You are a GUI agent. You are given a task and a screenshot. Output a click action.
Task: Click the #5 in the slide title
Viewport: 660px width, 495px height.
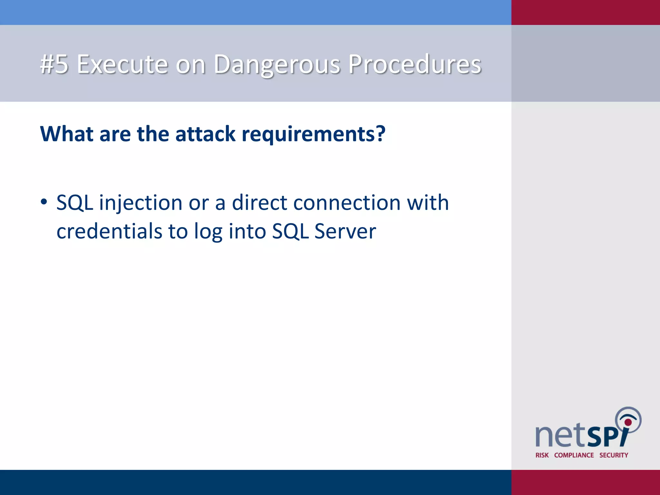54,64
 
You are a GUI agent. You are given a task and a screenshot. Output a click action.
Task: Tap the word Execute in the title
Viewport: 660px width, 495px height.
122,64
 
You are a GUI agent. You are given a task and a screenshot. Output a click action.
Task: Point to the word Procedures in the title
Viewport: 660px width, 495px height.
415,64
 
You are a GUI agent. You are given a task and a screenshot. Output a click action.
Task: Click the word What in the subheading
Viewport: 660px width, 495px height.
67,134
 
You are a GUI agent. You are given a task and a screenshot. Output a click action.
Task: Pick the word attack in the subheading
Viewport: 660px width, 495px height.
205,134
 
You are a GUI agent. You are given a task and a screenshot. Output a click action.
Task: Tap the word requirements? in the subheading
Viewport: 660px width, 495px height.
313,134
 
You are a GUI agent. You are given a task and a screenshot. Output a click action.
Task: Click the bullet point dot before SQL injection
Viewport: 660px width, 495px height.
44,202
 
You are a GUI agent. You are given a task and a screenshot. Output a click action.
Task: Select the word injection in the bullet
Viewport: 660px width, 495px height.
141,203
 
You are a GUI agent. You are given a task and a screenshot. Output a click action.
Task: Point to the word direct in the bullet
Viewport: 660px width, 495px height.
259,203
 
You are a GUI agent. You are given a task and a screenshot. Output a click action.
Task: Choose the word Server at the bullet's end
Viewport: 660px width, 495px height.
345,231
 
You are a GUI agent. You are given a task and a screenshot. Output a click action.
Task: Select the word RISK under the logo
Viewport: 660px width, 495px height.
542,455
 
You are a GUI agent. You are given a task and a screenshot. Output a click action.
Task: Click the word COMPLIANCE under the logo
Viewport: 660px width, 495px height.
574,455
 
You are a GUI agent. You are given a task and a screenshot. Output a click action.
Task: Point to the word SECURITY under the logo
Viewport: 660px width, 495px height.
614,455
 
